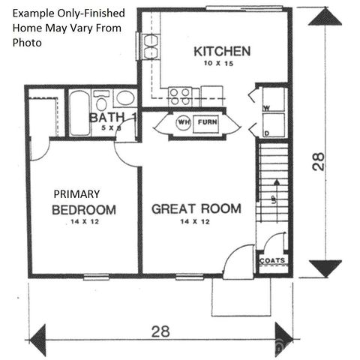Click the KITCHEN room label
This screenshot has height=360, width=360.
point(222,52)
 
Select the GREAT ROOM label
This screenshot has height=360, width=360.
point(196,208)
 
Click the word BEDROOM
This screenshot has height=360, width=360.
point(83,209)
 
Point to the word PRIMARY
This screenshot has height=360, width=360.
point(76,193)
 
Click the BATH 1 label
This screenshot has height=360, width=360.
point(112,118)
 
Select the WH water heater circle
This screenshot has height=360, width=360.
point(182,121)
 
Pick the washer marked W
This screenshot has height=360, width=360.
point(273,101)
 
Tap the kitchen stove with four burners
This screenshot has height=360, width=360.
point(180,95)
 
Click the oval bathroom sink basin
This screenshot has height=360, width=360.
point(125,98)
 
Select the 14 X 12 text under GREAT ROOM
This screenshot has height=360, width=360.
point(196,221)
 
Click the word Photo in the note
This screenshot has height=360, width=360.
point(27,43)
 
